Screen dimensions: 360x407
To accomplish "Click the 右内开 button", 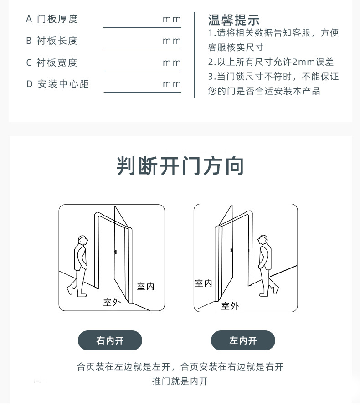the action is tap(110, 340).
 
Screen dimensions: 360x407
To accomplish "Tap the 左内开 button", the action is tap(243, 340).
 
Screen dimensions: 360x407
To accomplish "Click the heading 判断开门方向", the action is tap(180, 166).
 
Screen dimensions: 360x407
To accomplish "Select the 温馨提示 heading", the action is tap(234, 20).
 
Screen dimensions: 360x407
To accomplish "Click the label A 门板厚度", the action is tap(51, 19).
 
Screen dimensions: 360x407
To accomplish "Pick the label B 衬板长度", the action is tap(51, 41).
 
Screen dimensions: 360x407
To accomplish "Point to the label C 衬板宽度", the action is tap(51, 62).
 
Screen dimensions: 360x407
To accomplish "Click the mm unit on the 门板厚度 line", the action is tap(171, 20).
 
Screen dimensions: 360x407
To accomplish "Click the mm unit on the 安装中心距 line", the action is tap(171, 84).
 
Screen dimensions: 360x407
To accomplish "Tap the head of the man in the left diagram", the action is tap(83, 240).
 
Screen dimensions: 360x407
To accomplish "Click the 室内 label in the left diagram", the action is tap(146, 287).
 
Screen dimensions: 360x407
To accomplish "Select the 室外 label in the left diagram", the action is tap(112, 302).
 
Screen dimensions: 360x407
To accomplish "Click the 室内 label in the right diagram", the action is tap(204, 283).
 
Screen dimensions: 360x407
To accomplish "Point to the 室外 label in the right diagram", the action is tap(230, 306).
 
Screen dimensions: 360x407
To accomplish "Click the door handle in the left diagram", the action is tap(115, 252).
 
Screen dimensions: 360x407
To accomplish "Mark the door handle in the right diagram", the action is tap(231, 251).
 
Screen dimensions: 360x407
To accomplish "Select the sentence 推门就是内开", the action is tap(180, 381).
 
